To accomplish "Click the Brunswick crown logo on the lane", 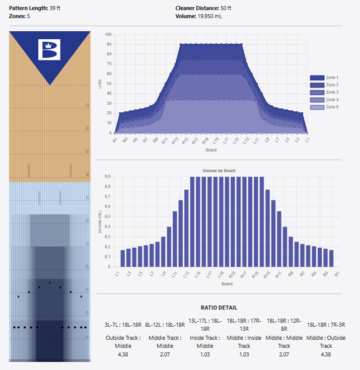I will pos(49,49).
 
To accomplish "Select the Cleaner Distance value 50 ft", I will pos(226,9).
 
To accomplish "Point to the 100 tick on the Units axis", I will pos(107,34).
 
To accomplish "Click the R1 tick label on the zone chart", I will pos(115,140).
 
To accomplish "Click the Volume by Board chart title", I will pos(219,171).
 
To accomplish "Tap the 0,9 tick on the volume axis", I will pos(107,177).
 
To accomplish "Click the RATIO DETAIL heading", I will pos(219,308).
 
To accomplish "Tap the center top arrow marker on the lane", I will pos(49,283).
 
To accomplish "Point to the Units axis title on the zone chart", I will pos(100,84).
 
